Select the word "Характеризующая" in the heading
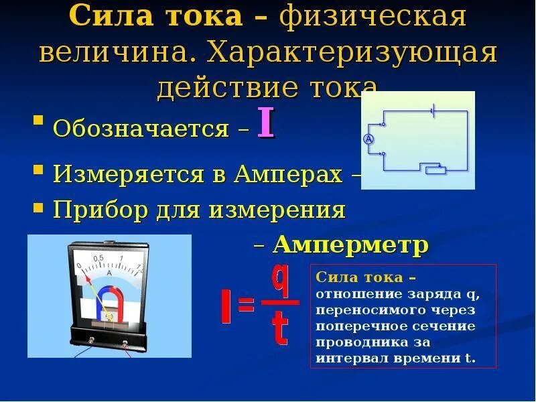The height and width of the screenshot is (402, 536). pyautogui.click(x=351, y=52)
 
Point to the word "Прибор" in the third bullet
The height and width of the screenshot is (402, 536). pyautogui.click(x=101, y=210)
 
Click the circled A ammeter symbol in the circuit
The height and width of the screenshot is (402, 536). pyautogui.click(x=368, y=139)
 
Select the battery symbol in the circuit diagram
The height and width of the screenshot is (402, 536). pyautogui.click(x=434, y=111)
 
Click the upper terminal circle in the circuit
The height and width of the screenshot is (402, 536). pyautogui.click(x=383, y=125)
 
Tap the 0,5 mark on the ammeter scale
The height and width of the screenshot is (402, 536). pyautogui.click(x=98, y=259)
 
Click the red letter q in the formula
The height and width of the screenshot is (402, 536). pyautogui.click(x=281, y=282)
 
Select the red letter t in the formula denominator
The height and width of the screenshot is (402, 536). pyautogui.click(x=281, y=328)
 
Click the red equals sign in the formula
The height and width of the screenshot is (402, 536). pyautogui.click(x=245, y=306)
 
